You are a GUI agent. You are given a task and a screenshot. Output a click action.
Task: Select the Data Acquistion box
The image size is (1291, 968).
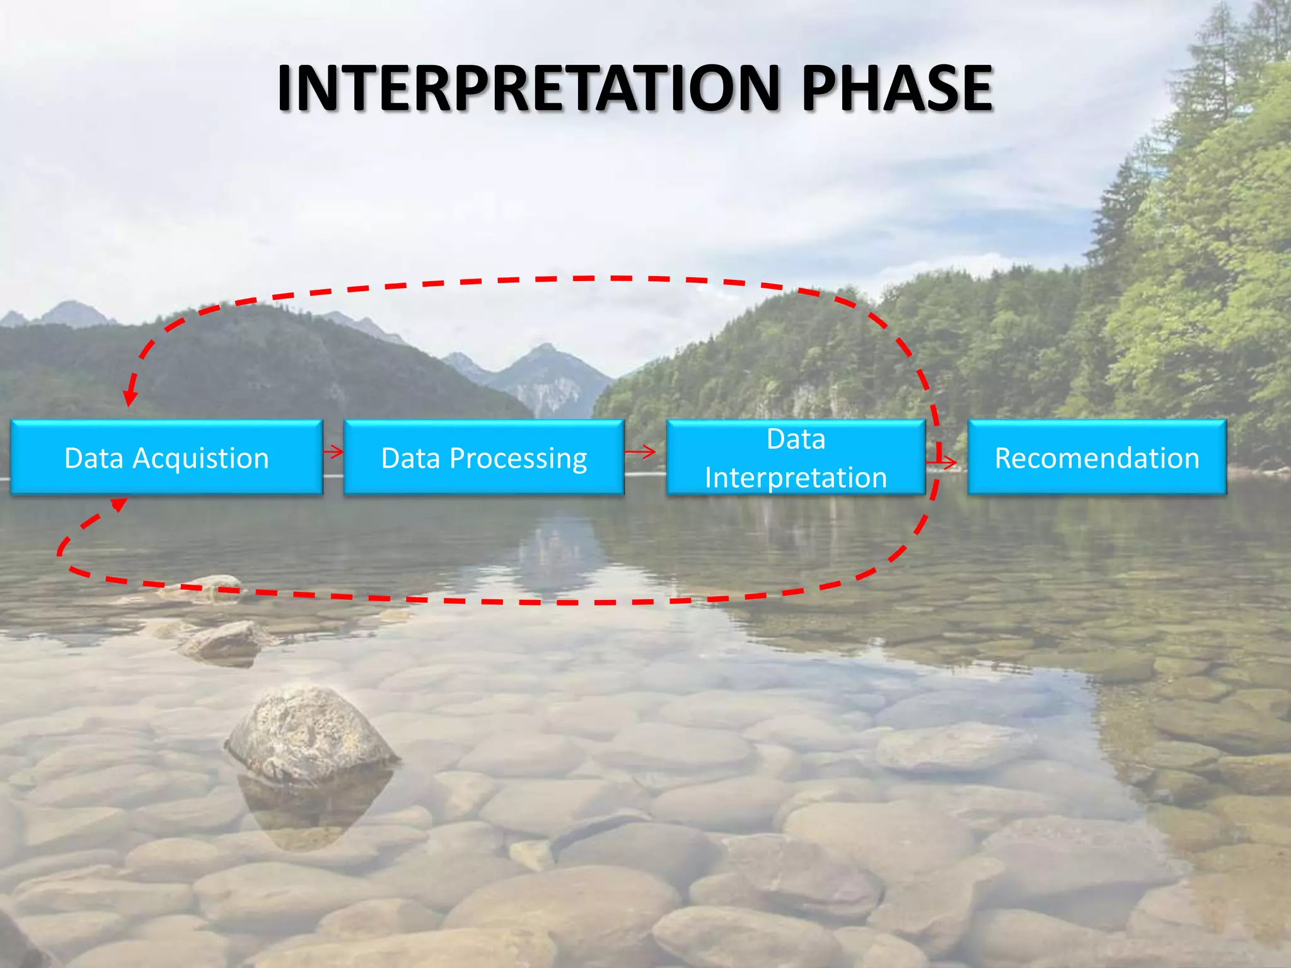(x=166, y=458)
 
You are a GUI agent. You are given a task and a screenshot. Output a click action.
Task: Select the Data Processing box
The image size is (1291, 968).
(x=484, y=458)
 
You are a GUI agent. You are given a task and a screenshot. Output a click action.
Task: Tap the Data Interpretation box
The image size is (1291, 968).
(x=796, y=458)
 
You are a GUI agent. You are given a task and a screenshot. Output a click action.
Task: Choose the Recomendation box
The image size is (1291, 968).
(x=1097, y=458)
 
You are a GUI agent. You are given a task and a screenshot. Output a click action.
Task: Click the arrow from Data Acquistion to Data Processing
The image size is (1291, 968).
(x=333, y=451)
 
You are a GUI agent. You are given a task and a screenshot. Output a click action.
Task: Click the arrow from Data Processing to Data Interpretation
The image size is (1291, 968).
(x=641, y=451)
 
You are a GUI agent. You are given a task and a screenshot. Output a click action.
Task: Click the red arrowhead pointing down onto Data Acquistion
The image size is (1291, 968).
(x=130, y=396)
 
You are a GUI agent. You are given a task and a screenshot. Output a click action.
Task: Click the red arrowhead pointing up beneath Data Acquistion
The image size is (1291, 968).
(x=118, y=504)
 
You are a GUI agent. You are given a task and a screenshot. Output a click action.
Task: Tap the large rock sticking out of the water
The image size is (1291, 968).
(x=310, y=734)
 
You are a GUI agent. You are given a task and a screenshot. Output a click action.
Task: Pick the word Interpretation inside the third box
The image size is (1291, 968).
(x=796, y=478)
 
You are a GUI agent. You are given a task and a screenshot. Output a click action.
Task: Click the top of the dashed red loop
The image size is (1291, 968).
(x=567, y=279)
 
